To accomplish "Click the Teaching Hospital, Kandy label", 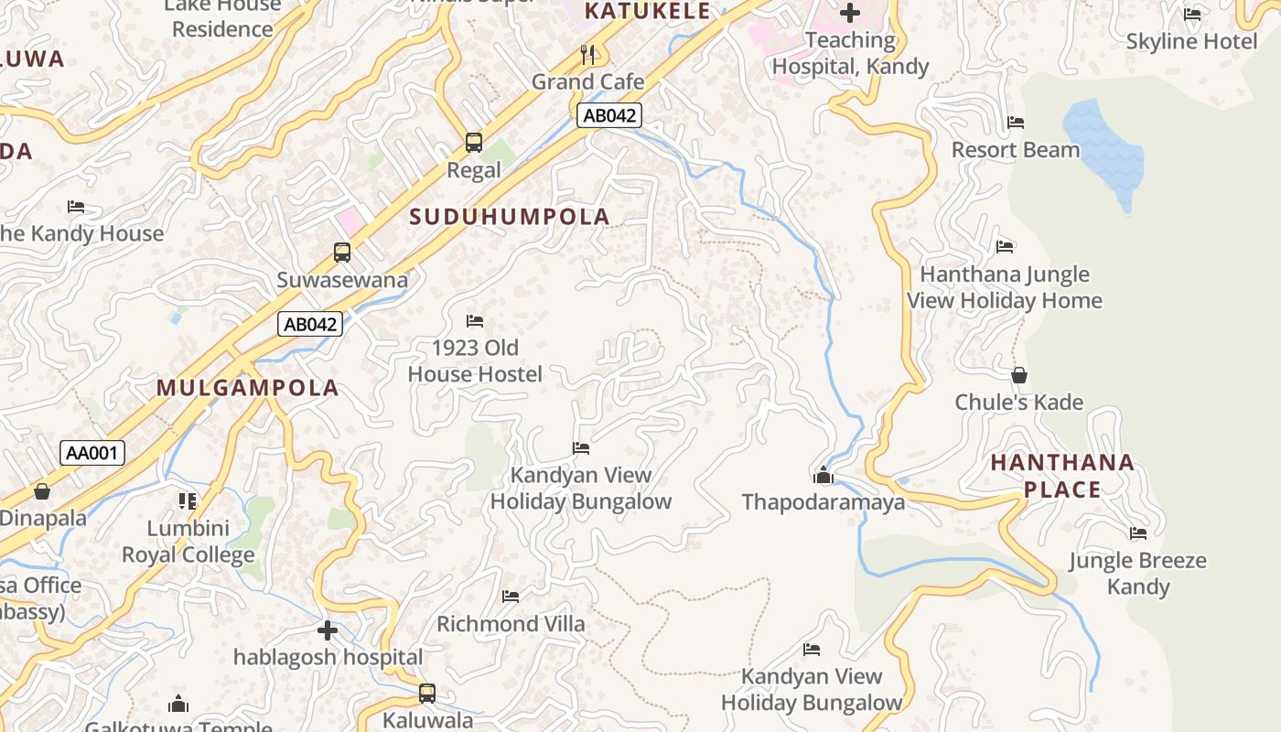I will [x=850, y=53].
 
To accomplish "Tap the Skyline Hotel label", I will [x=1191, y=41].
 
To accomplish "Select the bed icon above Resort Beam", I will [x=1015, y=123].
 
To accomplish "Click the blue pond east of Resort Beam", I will [x=1104, y=151].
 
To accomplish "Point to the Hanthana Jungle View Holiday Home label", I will [x=1005, y=287].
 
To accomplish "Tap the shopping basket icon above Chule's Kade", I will [x=1018, y=375].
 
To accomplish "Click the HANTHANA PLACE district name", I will [x=1062, y=476].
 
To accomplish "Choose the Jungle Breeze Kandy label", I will [x=1138, y=574].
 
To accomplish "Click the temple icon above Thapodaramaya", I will [x=823, y=475].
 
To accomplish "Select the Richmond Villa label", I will [x=511, y=624].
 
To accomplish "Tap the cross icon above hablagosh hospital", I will [x=328, y=630].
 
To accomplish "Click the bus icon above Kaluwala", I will [x=427, y=693].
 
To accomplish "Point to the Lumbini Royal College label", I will [x=188, y=542].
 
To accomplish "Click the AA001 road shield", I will [x=92, y=452].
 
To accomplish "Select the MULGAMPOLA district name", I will [x=247, y=388].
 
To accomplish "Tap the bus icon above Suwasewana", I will [x=342, y=253].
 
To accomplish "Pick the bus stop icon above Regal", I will [x=473, y=143].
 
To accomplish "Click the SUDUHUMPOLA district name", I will [x=510, y=217].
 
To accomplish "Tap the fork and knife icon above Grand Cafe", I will [x=587, y=55].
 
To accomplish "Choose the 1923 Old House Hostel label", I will [x=475, y=361].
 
